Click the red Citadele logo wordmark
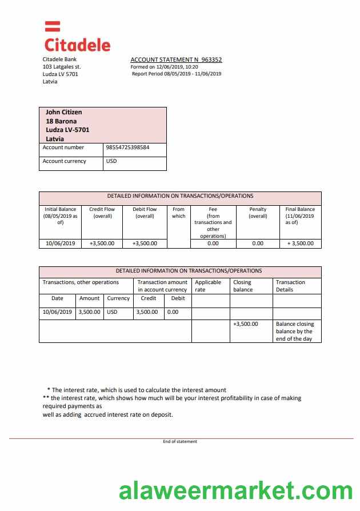[x=77, y=44]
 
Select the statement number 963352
[x=211, y=59]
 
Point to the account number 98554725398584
[x=128, y=147]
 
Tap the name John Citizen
[x=63, y=112]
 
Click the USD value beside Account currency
[x=111, y=161]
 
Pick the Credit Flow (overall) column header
[x=102, y=213]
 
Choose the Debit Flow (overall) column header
[x=145, y=213]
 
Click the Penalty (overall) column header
[x=258, y=213]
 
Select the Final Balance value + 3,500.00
[x=300, y=243]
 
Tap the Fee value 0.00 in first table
[x=213, y=243]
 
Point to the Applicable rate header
[x=208, y=286]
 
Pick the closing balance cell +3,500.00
[x=245, y=324]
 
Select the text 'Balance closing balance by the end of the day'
[x=295, y=332]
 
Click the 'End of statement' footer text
[x=180, y=441]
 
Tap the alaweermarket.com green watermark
[x=235, y=491]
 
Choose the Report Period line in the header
[x=177, y=74]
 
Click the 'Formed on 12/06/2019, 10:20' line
[x=165, y=67]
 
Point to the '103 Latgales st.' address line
[x=62, y=67]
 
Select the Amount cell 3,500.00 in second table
[x=89, y=312]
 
